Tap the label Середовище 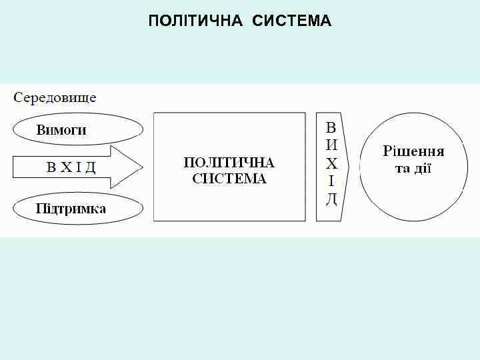[x=55, y=98]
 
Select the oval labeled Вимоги [x=79, y=129]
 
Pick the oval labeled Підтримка [x=79, y=209]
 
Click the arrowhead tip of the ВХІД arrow [x=142, y=167]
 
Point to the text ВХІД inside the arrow [x=71, y=167]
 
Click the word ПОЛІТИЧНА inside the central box [x=229, y=163]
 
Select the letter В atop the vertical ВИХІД [x=331, y=127]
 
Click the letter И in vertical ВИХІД [x=331, y=144]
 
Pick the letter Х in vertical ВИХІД [x=331, y=163]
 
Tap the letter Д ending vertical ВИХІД [x=331, y=198]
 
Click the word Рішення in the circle [x=413, y=151]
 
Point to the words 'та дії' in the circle [x=413, y=168]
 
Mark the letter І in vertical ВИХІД [x=331, y=181]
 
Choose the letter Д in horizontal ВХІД [x=90, y=167]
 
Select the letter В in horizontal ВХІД [x=51, y=167]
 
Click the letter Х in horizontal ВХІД [x=66, y=167]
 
